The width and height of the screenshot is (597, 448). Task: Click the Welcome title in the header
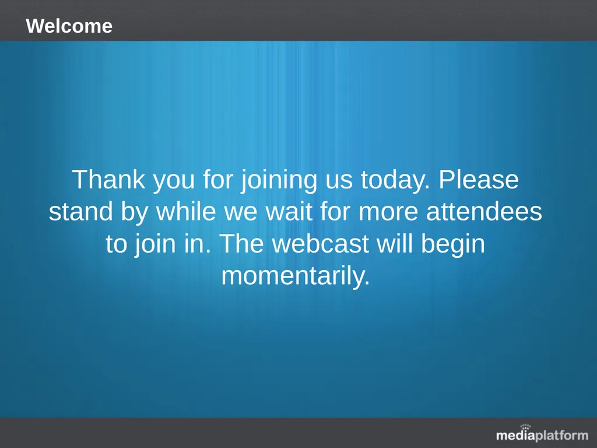(69, 26)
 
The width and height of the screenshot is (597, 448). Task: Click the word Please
(479, 180)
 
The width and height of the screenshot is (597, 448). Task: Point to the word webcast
(321, 244)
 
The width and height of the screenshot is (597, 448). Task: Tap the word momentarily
(296, 276)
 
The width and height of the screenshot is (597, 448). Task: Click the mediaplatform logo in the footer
(542, 435)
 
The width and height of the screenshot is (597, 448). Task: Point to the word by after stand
(135, 213)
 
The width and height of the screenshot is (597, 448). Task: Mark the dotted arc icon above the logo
(525, 427)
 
